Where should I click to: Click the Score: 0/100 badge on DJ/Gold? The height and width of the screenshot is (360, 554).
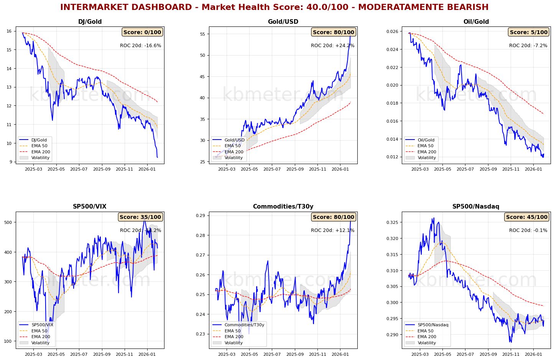pos(142,32)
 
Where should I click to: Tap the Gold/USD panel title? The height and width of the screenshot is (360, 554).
pos(283,22)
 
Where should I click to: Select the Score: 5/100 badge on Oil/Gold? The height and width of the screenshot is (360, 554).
pos(528,32)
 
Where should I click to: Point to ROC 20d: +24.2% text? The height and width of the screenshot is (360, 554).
pos(332,46)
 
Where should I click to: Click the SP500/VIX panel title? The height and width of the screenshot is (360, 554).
pos(90,207)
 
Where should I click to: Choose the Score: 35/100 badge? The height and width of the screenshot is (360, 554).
pos(140,217)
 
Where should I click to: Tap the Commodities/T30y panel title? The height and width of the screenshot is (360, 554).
pos(283,207)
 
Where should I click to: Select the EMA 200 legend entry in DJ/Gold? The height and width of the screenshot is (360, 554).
pos(41,152)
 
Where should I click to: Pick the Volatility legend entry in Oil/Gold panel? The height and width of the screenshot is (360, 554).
pos(427,158)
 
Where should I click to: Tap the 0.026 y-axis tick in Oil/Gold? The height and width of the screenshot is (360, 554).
pos(393,31)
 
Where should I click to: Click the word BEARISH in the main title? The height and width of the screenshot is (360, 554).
pos(466,7)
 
